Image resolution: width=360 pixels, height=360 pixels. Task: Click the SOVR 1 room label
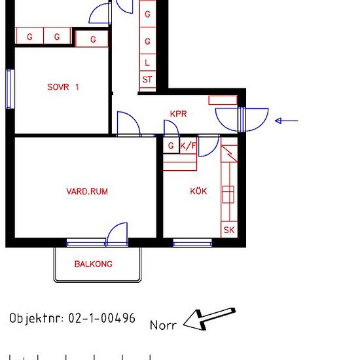tap(63, 87)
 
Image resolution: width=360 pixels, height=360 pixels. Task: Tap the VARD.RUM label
tap(87, 192)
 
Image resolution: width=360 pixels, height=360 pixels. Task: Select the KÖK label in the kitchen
tap(198, 190)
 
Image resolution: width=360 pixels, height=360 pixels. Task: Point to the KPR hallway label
tap(179, 114)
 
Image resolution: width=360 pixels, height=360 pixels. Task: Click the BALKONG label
tap(94, 264)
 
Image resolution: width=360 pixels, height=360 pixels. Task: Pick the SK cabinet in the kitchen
tap(229, 230)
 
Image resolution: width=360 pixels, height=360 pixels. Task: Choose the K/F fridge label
tap(189, 145)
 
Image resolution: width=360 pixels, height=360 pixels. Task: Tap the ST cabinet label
tap(147, 80)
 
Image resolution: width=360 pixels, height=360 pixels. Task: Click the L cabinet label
tap(147, 62)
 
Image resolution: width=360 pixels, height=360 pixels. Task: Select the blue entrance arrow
tap(287, 120)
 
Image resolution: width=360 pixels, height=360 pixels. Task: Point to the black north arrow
tap(209, 319)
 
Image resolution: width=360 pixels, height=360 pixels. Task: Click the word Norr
tap(163, 325)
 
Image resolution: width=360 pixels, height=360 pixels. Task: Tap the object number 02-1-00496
tap(102, 318)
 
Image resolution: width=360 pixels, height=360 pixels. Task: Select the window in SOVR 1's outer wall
tap(10, 89)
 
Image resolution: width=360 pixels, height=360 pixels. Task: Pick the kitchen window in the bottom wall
tap(192, 242)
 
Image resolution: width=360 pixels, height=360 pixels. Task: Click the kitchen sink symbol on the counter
tap(228, 194)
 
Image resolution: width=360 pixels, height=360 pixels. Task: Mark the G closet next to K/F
tap(171, 145)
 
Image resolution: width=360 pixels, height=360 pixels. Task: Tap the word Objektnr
tap(36, 319)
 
